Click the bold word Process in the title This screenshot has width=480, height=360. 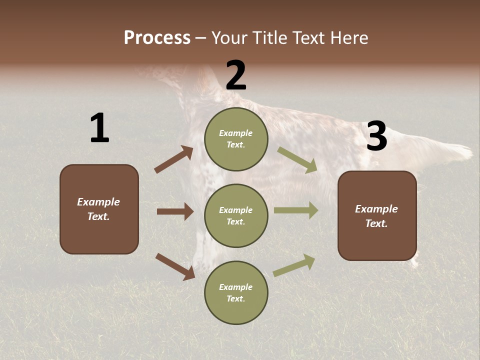157,38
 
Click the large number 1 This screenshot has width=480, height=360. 99,128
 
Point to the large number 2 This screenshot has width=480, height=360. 236,75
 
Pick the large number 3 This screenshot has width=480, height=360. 376,136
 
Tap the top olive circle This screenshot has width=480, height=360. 236,139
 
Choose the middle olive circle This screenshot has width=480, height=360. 236,215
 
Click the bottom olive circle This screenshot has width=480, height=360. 236,292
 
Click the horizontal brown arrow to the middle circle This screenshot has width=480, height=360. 175,211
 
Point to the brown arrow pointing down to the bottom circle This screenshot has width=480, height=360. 174,266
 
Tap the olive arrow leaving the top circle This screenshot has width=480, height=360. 297,160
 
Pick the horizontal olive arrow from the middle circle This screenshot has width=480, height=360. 295,210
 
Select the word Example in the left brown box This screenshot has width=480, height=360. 98,202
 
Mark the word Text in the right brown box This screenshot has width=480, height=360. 376,223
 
